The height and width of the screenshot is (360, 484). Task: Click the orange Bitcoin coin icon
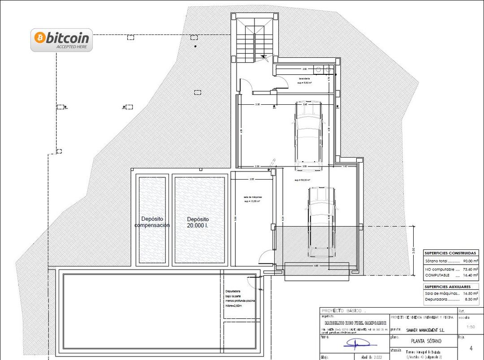click(x=40, y=38)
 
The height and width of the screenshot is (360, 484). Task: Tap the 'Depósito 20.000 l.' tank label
click(x=198, y=223)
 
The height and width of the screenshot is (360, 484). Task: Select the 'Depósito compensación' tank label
click(x=152, y=222)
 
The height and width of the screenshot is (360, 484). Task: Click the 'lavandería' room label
click(x=305, y=79)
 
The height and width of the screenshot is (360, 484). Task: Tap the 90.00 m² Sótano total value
click(x=470, y=261)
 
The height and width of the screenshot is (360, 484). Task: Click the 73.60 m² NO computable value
click(x=470, y=270)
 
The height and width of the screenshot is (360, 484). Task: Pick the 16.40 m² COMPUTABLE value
click(x=470, y=275)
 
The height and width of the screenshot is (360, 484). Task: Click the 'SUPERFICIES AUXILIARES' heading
click(x=447, y=287)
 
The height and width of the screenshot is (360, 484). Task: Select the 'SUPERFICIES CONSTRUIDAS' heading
click(x=450, y=253)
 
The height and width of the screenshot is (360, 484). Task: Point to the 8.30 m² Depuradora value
click(x=471, y=299)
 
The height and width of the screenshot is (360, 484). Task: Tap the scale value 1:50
click(x=471, y=327)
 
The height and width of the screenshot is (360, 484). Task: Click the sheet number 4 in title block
click(x=471, y=348)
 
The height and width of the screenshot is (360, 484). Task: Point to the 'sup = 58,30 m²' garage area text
click(x=303, y=180)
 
